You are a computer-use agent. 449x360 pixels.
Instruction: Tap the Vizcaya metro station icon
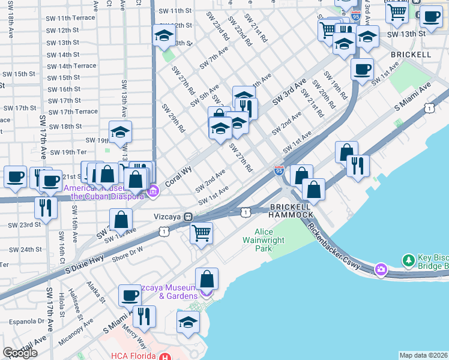(x=188, y=216)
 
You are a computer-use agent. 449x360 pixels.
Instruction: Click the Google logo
(x=20, y=353)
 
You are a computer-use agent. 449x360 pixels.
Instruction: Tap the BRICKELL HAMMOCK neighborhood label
(x=291, y=210)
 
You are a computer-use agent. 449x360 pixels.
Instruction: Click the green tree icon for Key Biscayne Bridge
(x=409, y=260)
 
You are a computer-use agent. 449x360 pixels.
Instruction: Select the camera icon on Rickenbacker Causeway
(x=381, y=269)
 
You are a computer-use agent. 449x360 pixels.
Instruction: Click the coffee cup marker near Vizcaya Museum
(x=130, y=295)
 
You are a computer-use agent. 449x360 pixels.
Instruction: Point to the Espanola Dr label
(x=24, y=321)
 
